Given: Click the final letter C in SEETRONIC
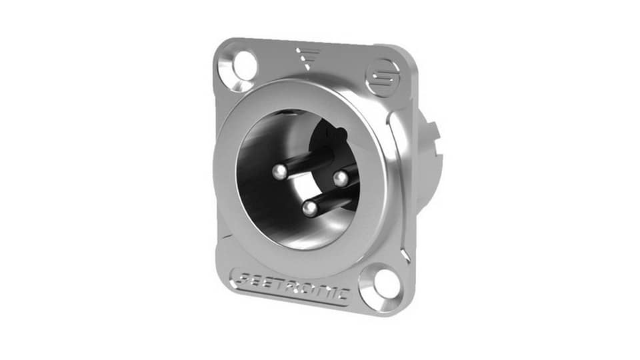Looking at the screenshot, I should click(343, 293).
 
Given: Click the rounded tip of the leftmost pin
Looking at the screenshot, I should click(280, 173).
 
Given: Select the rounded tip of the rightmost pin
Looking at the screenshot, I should click(340, 178).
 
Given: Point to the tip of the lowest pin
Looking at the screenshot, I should click(309, 209).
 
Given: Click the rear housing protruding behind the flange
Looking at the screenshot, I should click(427, 160).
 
